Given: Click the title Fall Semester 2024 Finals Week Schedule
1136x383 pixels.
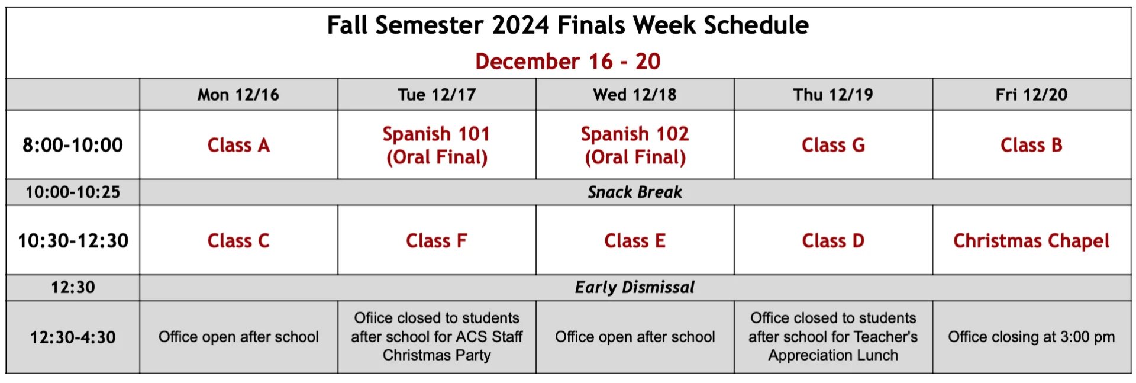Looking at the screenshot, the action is (567, 25).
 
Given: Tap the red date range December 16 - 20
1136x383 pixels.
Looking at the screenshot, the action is (567, 62).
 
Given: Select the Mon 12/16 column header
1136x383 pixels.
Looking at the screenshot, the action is (238, 95).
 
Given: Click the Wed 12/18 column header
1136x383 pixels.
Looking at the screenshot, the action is (635, 95).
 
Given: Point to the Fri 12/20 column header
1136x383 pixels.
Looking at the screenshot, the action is (1031, 95).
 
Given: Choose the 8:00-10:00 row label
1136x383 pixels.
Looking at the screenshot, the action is (73, 145).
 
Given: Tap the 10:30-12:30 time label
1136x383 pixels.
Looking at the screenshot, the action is (73, 241).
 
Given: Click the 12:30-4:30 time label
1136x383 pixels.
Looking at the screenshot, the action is (73, 337).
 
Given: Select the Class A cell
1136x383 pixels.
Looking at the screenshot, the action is (238, 145).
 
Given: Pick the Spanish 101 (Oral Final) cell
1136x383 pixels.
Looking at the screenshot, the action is (437, 146).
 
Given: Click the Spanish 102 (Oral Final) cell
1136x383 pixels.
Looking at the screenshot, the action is (635, 146).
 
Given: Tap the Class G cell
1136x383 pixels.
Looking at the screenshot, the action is (833, 145).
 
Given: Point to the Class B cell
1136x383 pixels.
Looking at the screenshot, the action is (1031, 145).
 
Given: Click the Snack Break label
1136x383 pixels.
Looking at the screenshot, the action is (635, 192).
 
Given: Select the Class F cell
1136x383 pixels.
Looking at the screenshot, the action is (437, 241).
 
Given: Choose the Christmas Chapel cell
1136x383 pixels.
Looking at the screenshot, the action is (1031, 241).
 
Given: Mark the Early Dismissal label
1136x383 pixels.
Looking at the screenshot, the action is (635, 288).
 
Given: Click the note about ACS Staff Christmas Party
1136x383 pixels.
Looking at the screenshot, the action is (437, 337).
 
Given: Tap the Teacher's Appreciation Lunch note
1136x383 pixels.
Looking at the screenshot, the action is (833, 337).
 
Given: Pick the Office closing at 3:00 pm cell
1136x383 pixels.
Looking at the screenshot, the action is (1031, 337).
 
